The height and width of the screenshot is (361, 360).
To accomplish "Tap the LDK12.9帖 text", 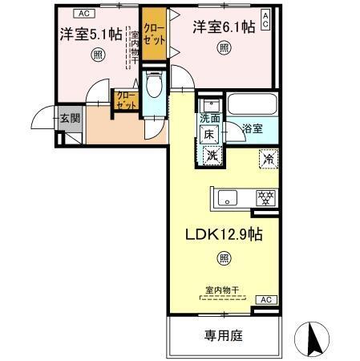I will click(x=225, y=236).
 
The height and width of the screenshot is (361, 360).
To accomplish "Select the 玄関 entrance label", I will click(x=69, y=119).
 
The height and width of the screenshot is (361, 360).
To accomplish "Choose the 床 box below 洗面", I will click(x=207, y=136).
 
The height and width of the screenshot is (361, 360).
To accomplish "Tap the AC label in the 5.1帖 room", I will click(x=83, y=13).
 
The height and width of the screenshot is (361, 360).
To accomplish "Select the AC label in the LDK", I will click(x=264, y=299).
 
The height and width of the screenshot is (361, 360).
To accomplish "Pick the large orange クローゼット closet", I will click(x=154, y=34).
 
